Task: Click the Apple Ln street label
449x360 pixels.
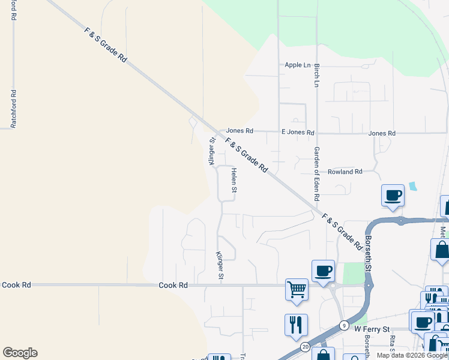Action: [x=298, y=65]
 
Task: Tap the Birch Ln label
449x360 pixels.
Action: [x=316, y=74]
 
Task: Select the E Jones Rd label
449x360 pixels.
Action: [x=298, y=132]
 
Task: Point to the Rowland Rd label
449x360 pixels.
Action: [x=345, y=172]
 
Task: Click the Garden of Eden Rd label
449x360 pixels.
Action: [x=316, y=174]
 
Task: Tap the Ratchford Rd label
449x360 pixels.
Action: [x=13, y=109]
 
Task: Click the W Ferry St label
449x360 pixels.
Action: [x=372, y=329]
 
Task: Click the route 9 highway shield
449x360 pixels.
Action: [x=343, y=326]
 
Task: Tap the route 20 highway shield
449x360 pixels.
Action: [x=305, y=347]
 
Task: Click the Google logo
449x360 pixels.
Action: [x=20, y=353]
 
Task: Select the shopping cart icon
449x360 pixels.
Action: [x=297, y=290]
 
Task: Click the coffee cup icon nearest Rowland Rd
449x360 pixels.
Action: [x=393, y=194]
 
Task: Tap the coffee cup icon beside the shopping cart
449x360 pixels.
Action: [x=322, y=271]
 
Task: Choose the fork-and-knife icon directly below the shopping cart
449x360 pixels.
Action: [x=296, y=325]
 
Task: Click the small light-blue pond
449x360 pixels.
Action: [x=412, y=186]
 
